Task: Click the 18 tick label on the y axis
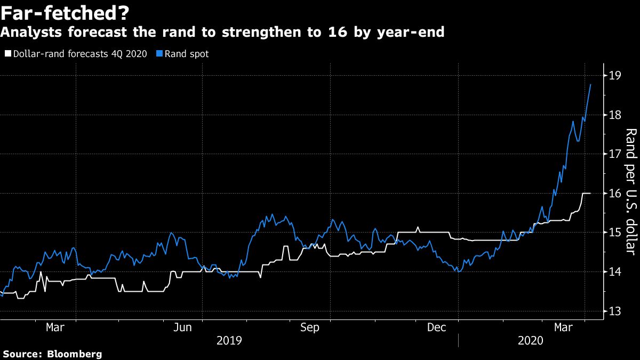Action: coord(614,115)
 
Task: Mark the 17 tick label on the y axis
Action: coord(614,154)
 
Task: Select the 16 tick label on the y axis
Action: coord(614,193)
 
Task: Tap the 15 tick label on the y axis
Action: coord(614,233)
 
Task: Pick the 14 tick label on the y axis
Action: coord(614,272)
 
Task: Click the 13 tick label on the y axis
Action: coord(614,311)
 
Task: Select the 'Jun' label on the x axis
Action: coord(183,327)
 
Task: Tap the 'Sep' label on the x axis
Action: coord(310,327)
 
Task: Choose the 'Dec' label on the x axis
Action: coord(437,327)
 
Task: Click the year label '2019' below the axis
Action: coord(229,340)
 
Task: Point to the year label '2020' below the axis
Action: coord(530,340)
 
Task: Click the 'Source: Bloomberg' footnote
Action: coord(52,354)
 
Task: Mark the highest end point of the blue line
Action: coord(590,84)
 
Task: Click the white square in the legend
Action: coord(7,54)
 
